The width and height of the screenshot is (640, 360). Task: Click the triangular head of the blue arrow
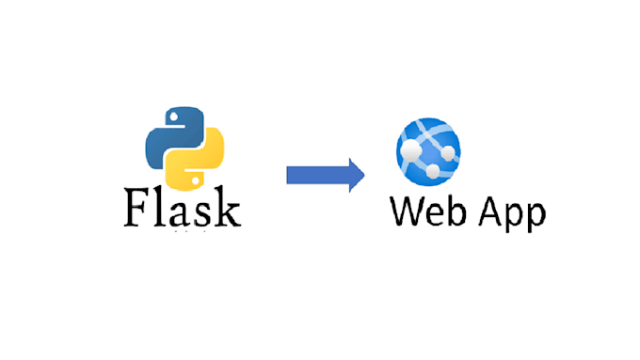(x=355, y=175)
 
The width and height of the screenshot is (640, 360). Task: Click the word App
(x=509, y=215)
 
